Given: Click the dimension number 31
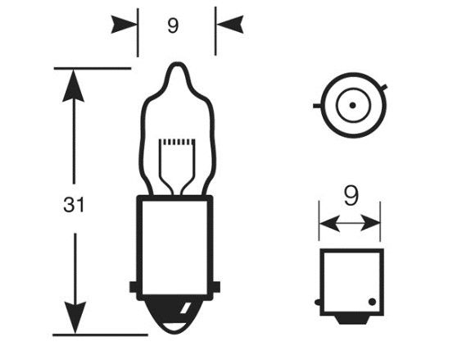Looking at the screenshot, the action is tap(74, 205).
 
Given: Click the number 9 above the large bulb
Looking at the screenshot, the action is tap(173, 25).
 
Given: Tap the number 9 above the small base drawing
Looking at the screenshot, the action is tap(351, 195).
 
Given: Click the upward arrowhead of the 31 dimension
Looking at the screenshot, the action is tap(74, 86).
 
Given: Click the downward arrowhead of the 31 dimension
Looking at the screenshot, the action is tap(75, 317).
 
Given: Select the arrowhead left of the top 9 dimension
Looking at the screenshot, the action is tap(124, 25).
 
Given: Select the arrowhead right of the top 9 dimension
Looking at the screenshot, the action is tap(230, 25).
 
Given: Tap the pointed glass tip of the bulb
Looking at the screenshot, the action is tap(176, 67).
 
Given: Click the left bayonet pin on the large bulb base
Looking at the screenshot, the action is tap(134, 286).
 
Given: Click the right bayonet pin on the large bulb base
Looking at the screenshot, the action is tap(216, 286).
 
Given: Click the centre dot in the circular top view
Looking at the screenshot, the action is tap(352, 105).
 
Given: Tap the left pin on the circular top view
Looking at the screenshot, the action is tap(317, 106).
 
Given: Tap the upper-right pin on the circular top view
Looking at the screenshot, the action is tap(384, 87).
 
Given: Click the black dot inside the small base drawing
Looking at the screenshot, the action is tap(372, 302).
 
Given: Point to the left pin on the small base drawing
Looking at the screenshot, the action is tap(317, 303).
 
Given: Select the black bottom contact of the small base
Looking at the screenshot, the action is tap(352, 319).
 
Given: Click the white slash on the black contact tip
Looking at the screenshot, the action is tap(184, 308).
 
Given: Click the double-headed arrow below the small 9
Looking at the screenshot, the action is tap(350, 223).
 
